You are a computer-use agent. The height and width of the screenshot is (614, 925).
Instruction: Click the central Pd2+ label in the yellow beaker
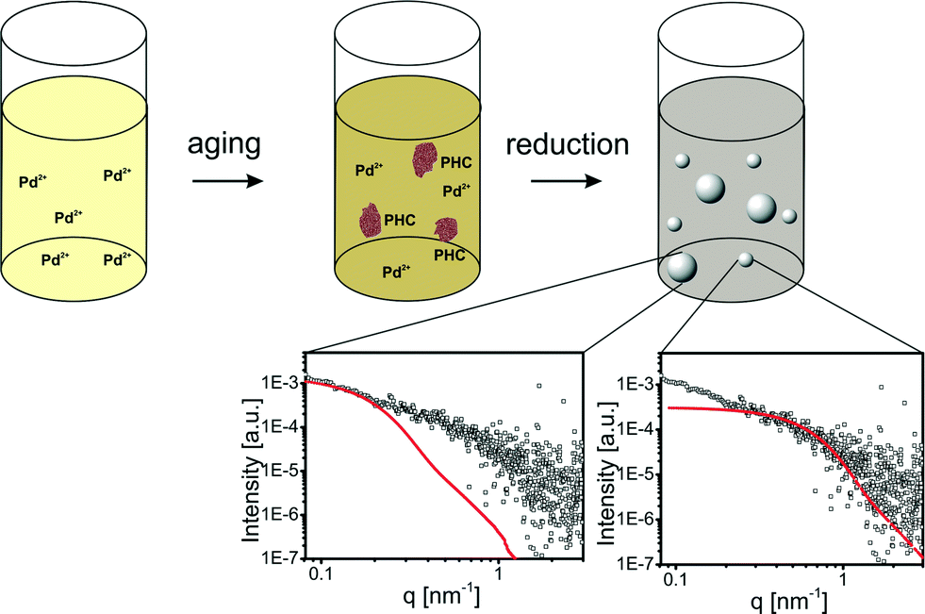tap(69, 216)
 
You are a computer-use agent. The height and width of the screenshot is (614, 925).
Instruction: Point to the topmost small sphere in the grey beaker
tap(753, 160)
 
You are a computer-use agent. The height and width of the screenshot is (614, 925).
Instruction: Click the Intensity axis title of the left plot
tap(252, 459)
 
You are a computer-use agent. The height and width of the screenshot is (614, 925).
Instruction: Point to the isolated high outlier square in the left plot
tap(539, 385)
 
